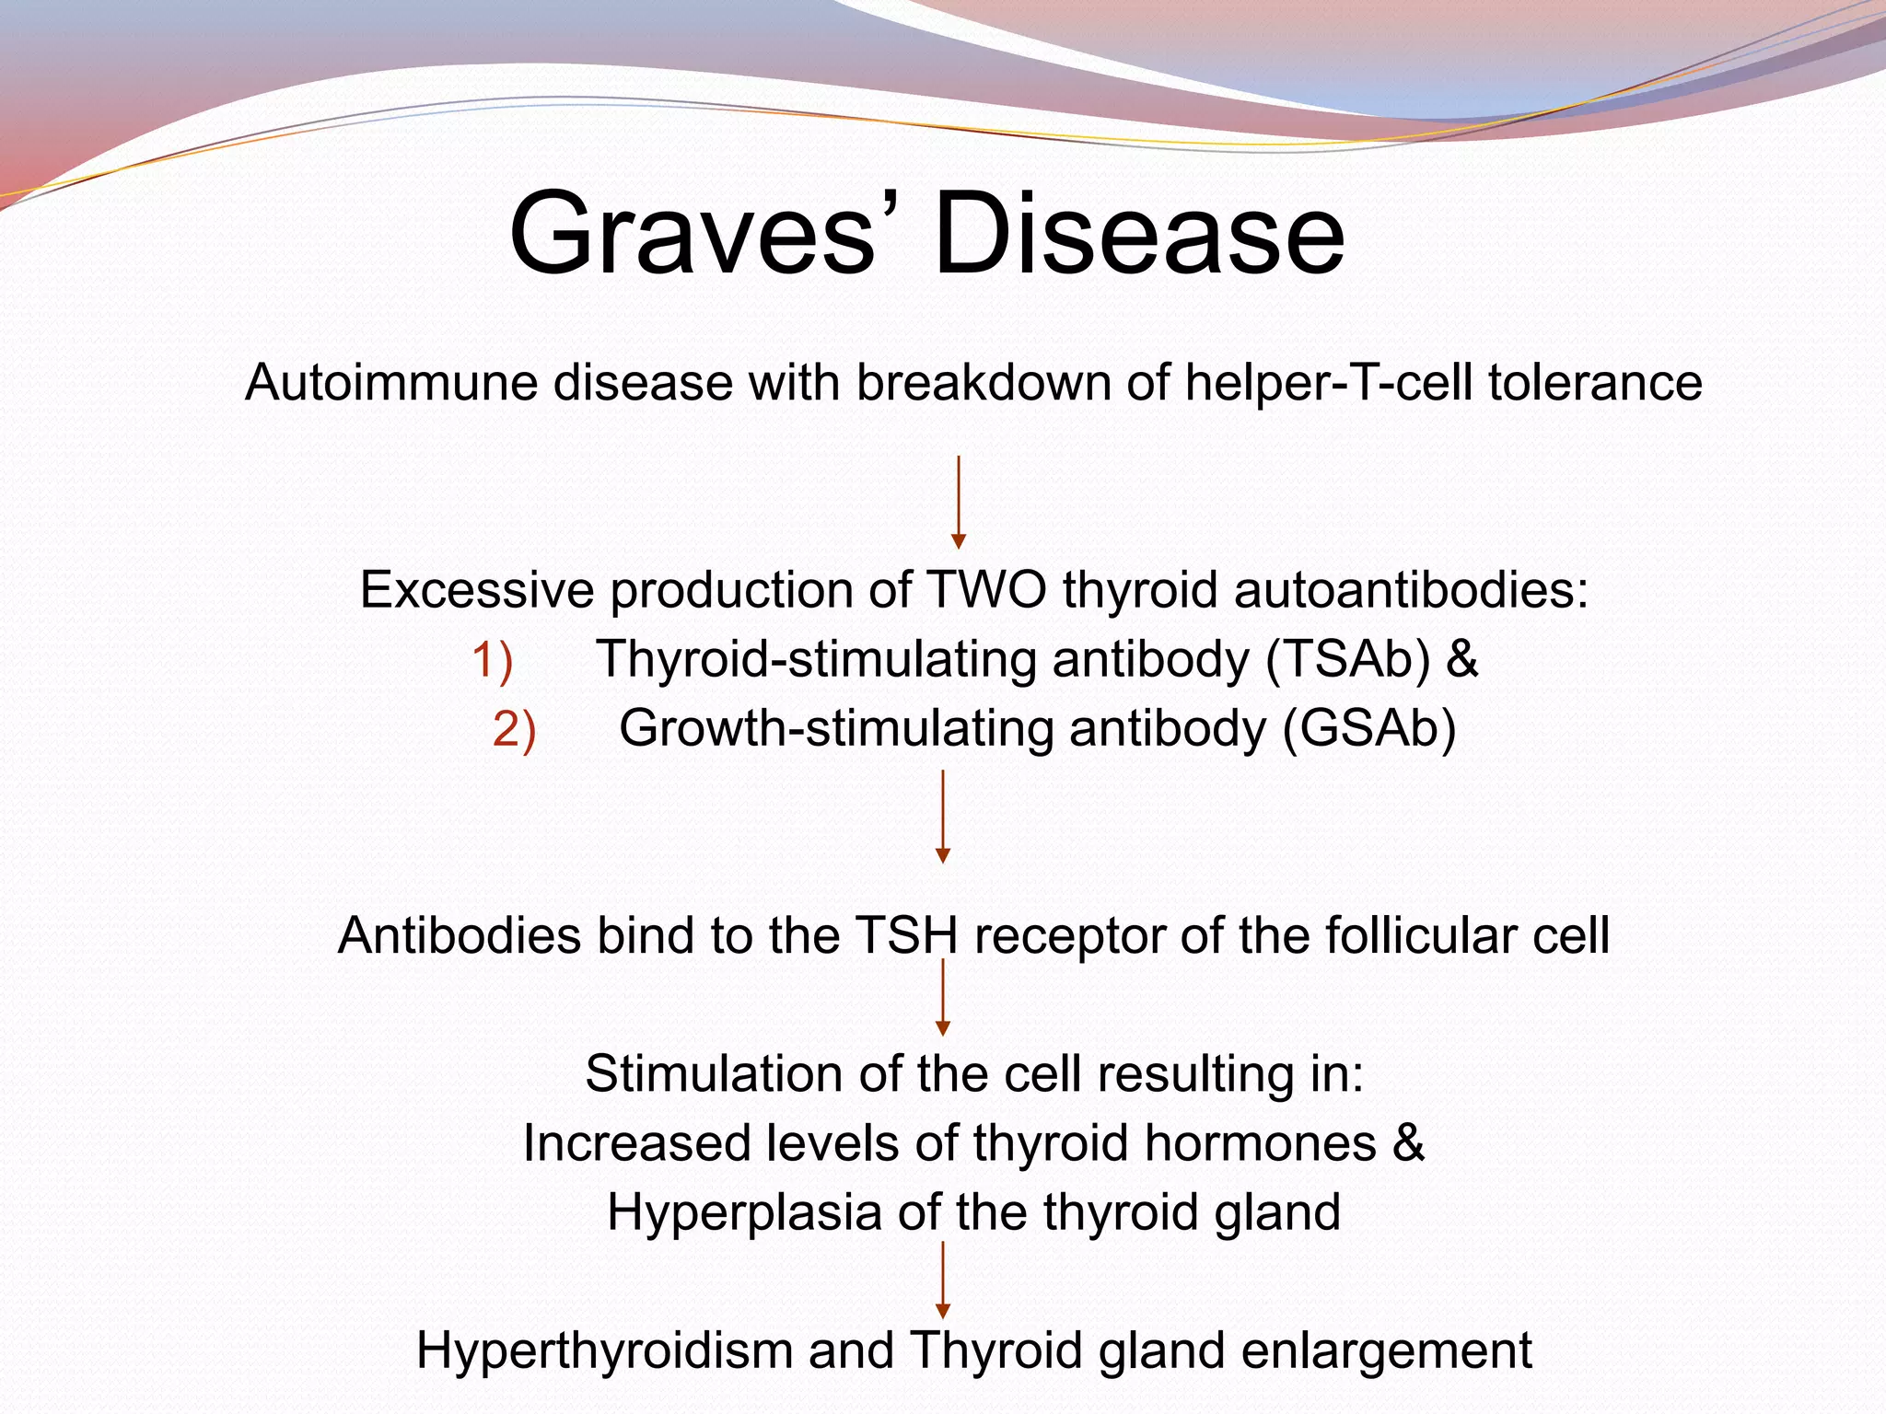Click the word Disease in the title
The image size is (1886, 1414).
1139,235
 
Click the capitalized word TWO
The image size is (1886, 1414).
986,589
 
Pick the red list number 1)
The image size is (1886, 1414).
493,660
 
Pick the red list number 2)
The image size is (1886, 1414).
514,730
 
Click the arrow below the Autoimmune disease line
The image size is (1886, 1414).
959,502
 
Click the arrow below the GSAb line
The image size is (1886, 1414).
943,817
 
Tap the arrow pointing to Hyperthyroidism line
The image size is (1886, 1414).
943,1280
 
